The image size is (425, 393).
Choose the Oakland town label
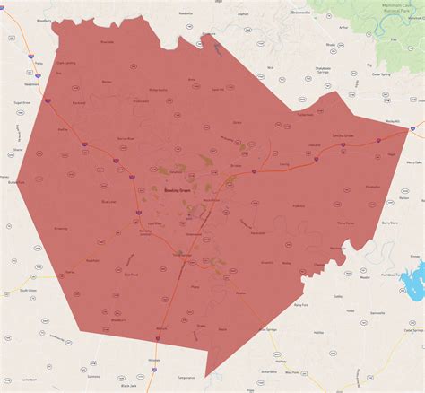pyautogui.click(x=315, y=145)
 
